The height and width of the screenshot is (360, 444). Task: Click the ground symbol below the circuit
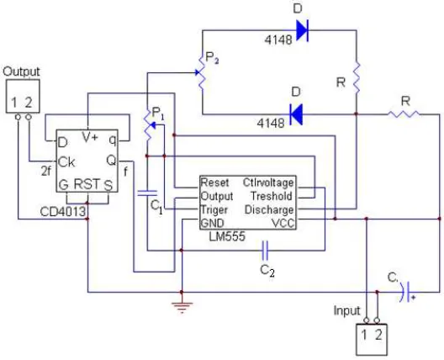click(182, 308)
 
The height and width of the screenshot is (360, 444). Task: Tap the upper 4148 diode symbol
click(302, 30)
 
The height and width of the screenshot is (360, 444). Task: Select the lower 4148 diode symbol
click(296, 114)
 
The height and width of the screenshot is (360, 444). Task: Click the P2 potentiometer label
click(212, 58)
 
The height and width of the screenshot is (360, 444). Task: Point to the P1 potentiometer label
click(158, 113)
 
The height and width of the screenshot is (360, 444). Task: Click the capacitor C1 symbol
click(147, 193)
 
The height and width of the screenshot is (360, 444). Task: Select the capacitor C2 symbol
click(265, 251)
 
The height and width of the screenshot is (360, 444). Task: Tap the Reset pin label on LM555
click(214, 183)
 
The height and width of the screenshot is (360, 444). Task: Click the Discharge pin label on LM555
click(269, 210)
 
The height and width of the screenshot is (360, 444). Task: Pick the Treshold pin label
click(272, 196)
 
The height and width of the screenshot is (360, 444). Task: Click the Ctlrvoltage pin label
click(268, 183)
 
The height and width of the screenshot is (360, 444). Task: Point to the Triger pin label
click(214, 210)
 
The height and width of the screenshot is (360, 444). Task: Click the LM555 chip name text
click(227, 236)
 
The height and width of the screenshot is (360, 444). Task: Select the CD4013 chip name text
click(63, 212)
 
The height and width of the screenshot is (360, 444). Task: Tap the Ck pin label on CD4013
click(66, 162)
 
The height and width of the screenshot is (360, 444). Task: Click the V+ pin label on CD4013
click(90, 137)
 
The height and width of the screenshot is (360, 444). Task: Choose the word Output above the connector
click(21, 71)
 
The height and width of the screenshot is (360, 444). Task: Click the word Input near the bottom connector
click(346, 310)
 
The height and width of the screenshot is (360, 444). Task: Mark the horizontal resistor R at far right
click(404, 114)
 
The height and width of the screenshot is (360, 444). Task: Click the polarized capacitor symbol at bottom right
click(405, 292)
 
